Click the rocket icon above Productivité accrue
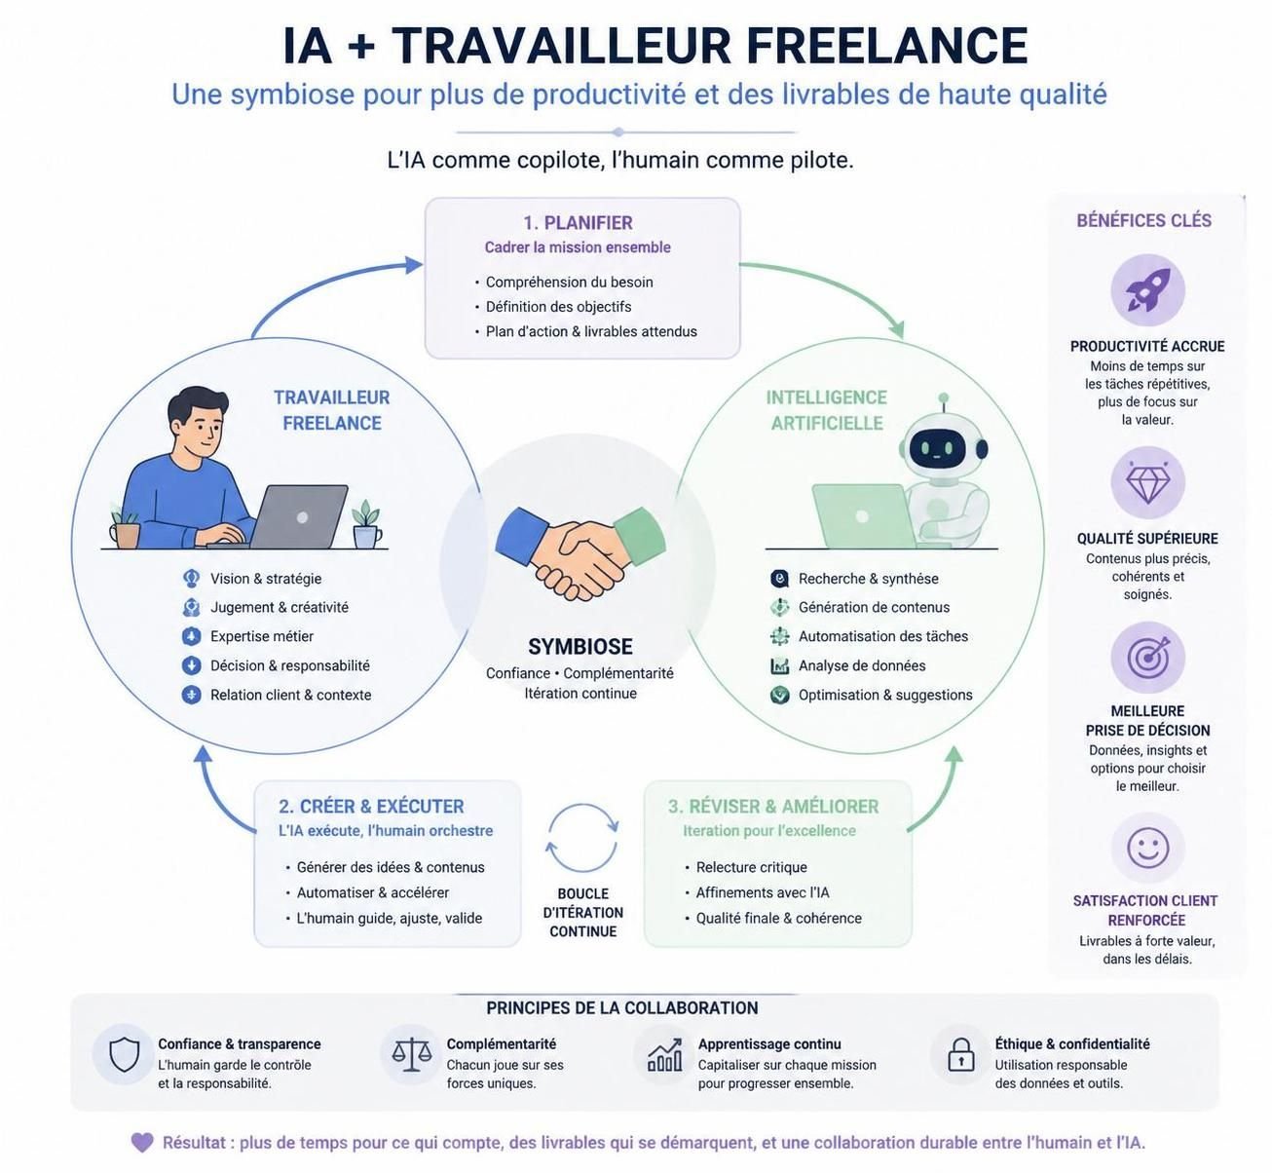pos(1147,289)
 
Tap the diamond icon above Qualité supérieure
pos(1147,481)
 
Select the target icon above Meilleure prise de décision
pos(1147,657)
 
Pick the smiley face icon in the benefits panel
pos(1147,848)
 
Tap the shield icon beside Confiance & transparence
pos(125,1054)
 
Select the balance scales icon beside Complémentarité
pos(411,1054)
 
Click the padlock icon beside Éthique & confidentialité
pos(960,1055)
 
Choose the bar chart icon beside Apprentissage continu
pos(665,1055)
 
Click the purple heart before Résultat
pos(142,1142)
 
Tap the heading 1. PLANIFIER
pos(578,222)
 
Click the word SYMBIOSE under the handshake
pos(580,646)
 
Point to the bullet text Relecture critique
pos(751,867)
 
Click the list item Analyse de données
pos(861,665)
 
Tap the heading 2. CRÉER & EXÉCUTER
pos(371,806)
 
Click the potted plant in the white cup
pos(366,524)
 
